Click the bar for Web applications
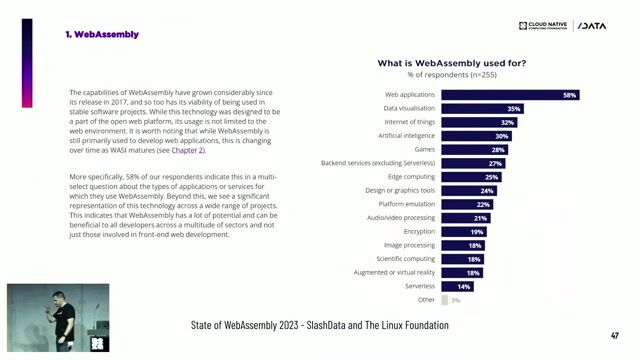coord(510,95)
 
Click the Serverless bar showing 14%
coord(457,286)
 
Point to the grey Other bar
coord(445,299)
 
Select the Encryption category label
coord(419,231)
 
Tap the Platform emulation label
coord(408,204)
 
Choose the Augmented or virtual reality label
coord(395,272)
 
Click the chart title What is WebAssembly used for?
coord(452,63)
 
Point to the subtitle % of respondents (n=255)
coord(452,75)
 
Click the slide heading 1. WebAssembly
coord(102,34)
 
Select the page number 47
coord(614,336)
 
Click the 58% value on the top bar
coord(569,95)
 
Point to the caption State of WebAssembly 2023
coord(319,326)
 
